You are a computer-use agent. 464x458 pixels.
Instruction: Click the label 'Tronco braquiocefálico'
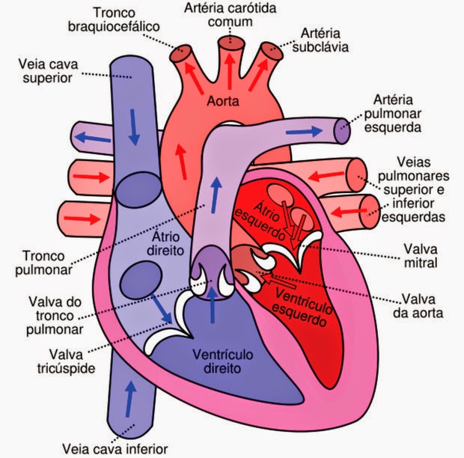pyautogui.click(x=126, y=21)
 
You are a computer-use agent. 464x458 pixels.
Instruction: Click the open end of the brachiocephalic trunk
pyautogui.click(x=178, y=52)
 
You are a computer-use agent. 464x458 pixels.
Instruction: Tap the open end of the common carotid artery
pyautogui.click(x=227, y=42)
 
